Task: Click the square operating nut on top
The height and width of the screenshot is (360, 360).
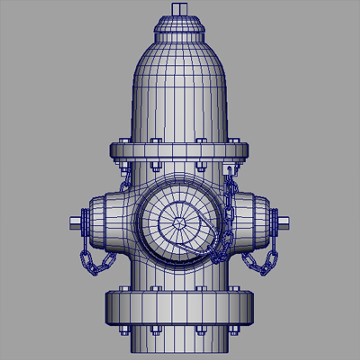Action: point(179,9)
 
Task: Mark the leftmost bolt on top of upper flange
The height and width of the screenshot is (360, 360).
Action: point(124,140)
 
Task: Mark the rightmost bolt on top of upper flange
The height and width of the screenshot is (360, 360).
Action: point(234,140)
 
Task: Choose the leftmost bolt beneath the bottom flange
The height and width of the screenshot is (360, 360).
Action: point(124,330)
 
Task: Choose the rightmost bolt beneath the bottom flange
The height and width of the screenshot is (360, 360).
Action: point(234,330)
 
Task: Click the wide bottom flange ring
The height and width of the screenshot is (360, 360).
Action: point(179,307)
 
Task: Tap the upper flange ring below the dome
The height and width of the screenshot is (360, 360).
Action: point(179,152)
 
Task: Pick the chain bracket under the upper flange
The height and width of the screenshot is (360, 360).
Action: point(229,169)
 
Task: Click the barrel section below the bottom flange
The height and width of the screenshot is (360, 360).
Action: point(179,343)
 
